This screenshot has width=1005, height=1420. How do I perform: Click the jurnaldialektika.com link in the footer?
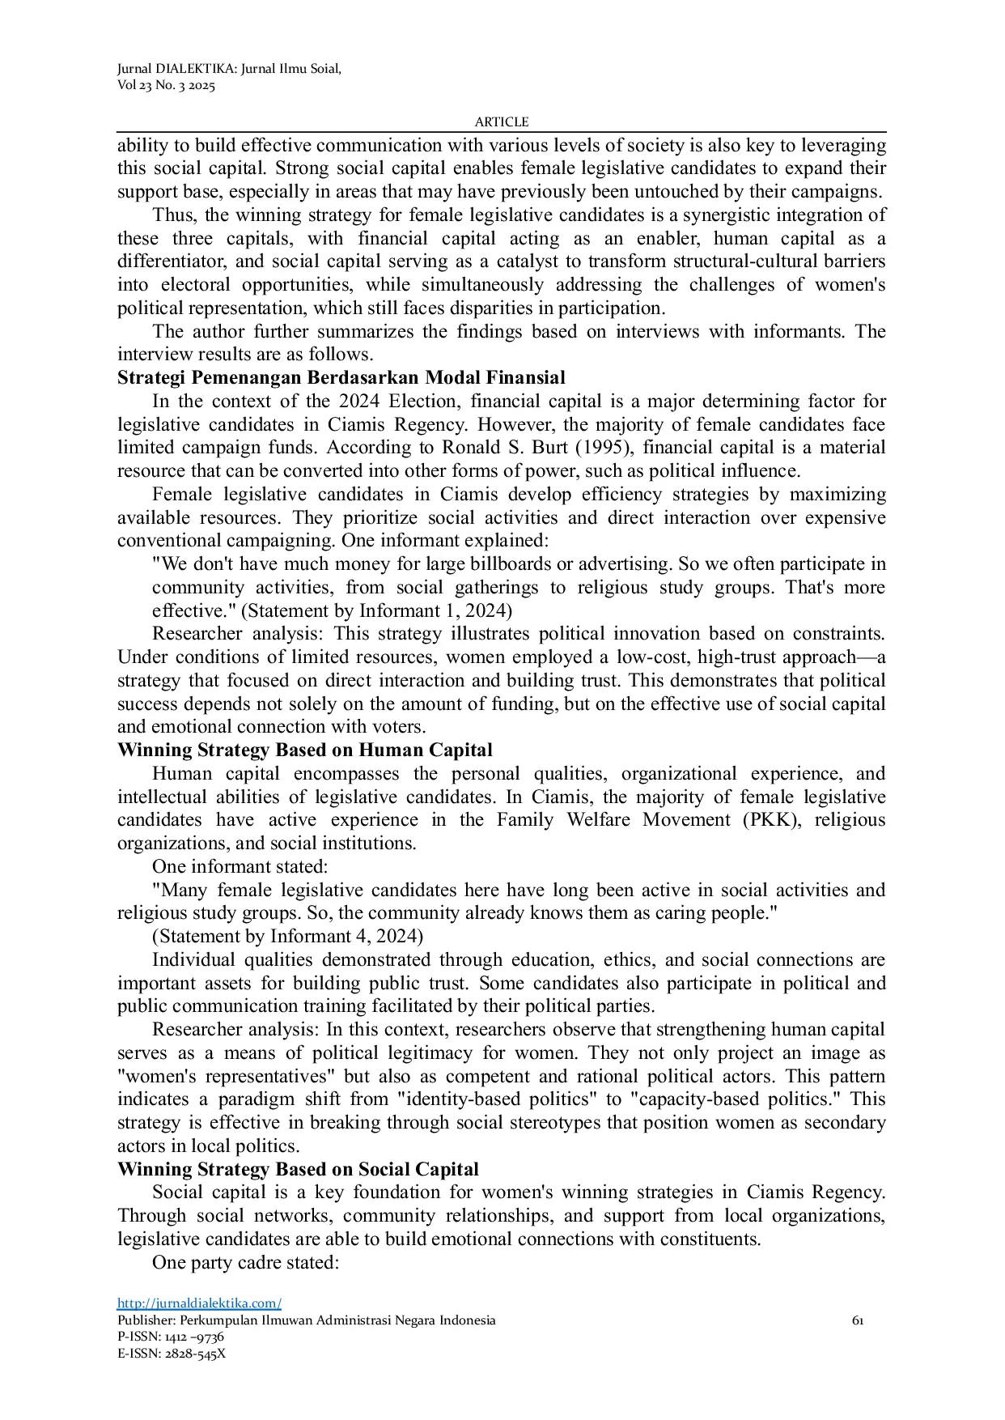(199, 1303)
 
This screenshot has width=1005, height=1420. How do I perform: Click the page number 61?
(858, 1320)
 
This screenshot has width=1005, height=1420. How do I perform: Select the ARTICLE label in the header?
(501, 121)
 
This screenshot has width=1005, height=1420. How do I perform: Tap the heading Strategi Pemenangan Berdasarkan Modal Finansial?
(341, 378)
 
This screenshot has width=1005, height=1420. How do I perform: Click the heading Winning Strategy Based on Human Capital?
(304, 750)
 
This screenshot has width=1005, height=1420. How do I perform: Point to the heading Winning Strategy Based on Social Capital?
(298, 1170)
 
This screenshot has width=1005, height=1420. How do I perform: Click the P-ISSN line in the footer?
(171, 1337)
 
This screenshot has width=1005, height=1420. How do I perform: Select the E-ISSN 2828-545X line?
(172, 1354)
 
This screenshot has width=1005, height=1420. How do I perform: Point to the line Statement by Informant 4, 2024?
(287, 937)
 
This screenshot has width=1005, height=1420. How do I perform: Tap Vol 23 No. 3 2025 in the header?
(166, 86)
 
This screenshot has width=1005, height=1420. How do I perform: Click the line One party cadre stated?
(244, 1263)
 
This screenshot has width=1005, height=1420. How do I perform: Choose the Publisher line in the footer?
(306, 1320)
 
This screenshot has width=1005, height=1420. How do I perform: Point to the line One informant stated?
(240, 867)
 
